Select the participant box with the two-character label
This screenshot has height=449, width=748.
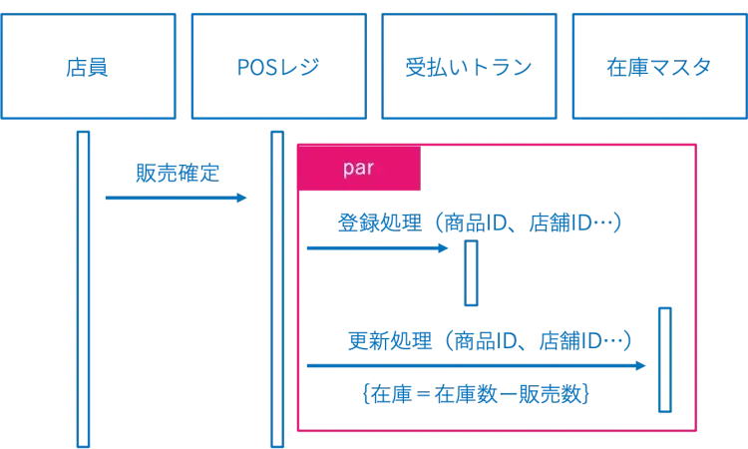[89, 67]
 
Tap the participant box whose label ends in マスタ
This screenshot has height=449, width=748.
[658, 67]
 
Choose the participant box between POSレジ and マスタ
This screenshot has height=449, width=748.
[469, 67]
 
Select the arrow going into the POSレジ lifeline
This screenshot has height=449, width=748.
[175, 200]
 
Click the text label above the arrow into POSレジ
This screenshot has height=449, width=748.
[179, 174]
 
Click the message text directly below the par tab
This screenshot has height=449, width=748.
[480, 223]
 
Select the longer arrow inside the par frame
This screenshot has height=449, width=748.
[474, 367]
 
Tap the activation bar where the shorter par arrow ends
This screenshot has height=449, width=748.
[471, 273]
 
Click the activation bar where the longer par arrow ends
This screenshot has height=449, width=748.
[665, 359]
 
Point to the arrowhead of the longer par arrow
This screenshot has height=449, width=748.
[640, 367]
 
